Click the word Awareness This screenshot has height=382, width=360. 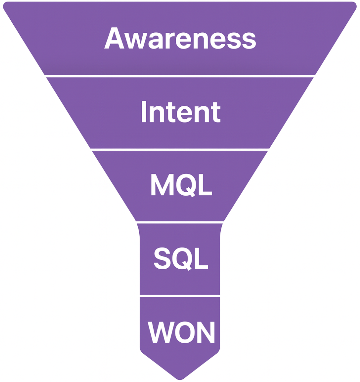(180, 38)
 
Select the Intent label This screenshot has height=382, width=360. (181, 112)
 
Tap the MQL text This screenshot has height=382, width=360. (181, 185)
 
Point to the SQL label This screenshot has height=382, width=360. (181, 258)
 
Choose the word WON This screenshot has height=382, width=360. (181, 332)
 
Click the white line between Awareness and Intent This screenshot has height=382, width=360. (179, 76)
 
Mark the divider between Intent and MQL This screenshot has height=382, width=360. (180, 149)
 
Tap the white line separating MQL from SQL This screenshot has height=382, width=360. (180, 222)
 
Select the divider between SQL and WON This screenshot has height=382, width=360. (180, 296)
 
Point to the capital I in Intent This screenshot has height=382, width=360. (144, 112)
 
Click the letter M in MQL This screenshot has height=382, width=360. (161, 185)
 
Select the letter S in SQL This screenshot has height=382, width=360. (162, 258)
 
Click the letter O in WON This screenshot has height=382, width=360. (186, 332)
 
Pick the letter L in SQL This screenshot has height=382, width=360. (200, 258)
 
